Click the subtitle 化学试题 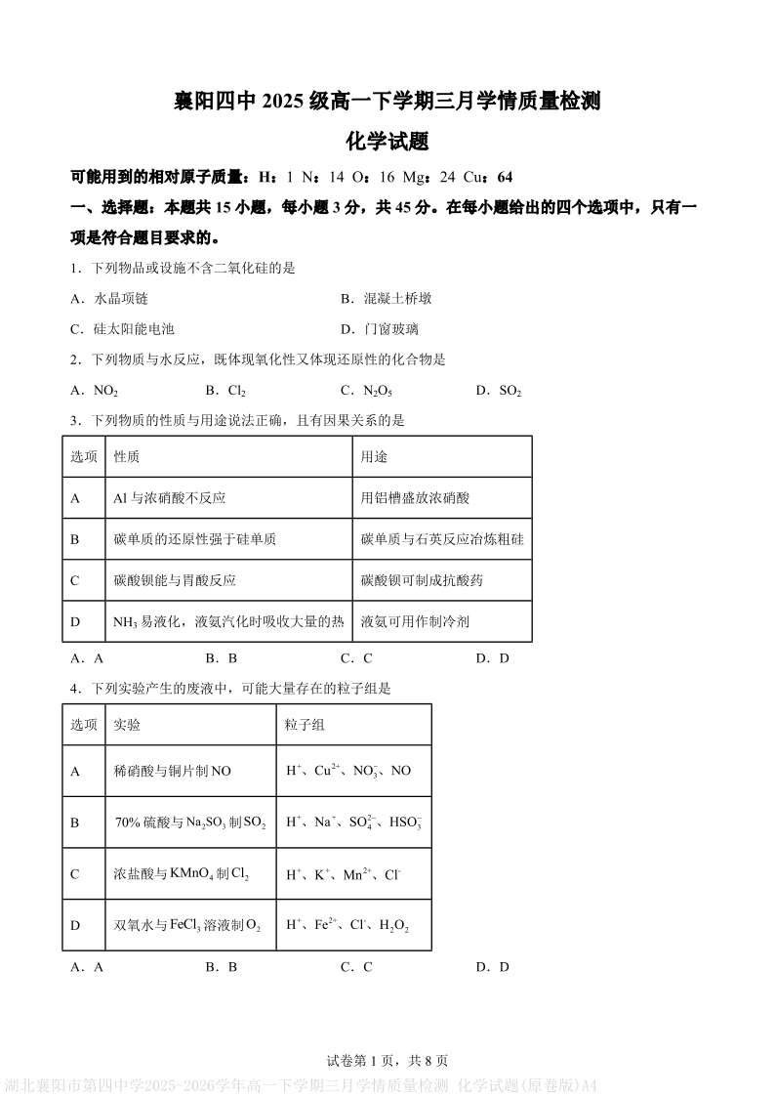[x=387, y=142]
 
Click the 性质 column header [x=127, y=456]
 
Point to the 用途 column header [x=374, y=456]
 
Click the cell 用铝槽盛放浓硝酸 [x=415, y=497]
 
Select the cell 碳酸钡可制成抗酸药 [x=422, y=580]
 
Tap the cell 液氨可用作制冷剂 [x=415, y=621]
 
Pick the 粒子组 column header [x=305, y=725]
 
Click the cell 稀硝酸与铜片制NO [x=173, y=771]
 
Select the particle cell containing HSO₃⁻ [x=353, y=823]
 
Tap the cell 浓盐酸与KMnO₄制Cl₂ [x=182, y=874]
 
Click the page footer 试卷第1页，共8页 [x=387, y=1061]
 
